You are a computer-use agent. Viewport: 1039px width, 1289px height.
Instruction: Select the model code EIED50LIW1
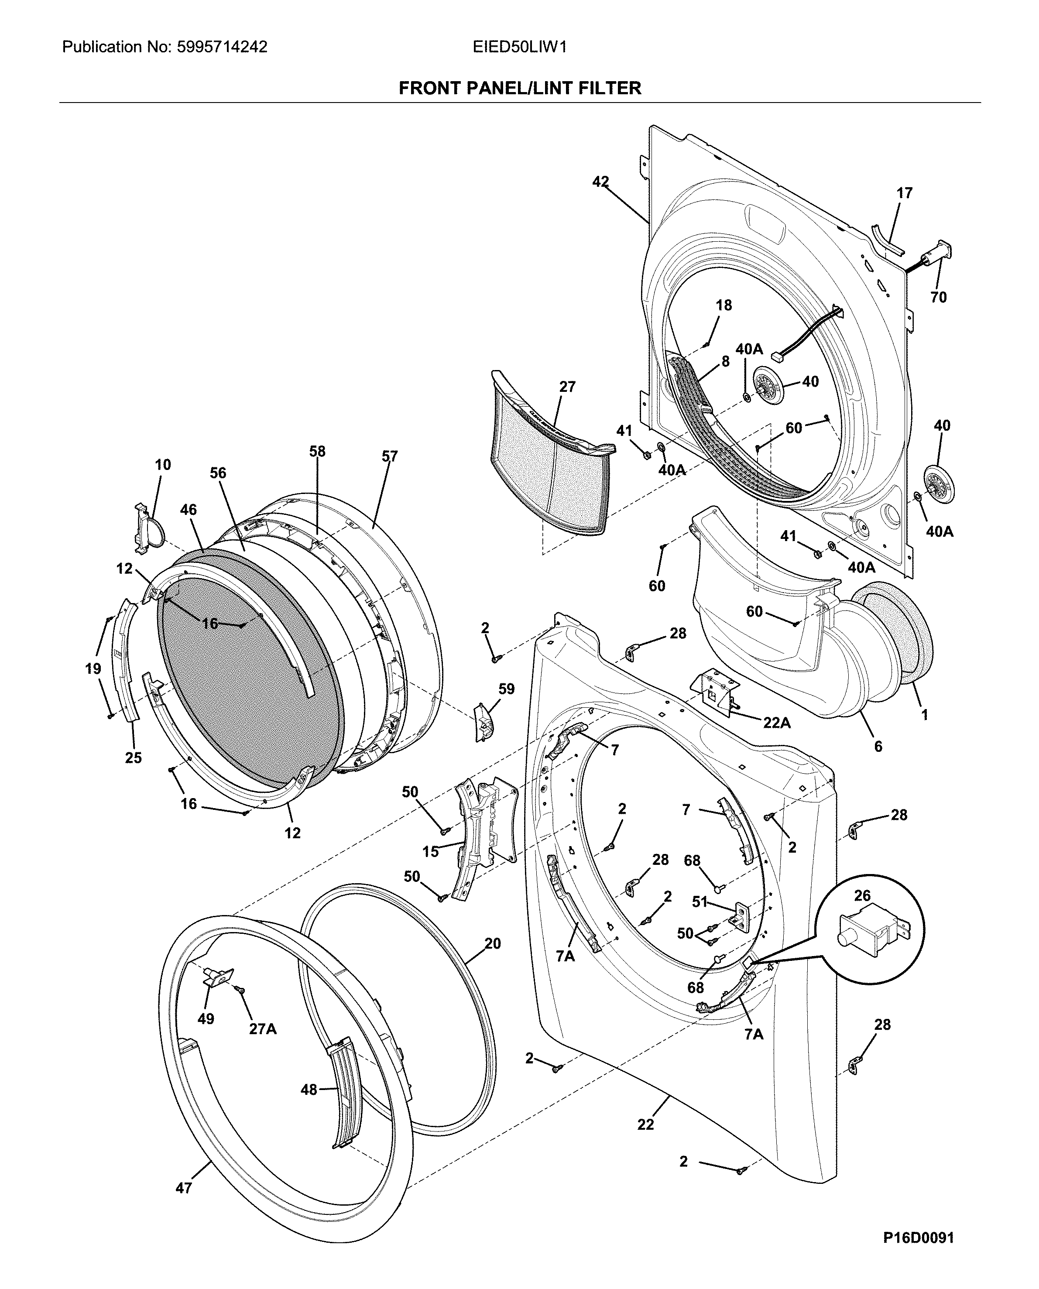click(x=519, y=47)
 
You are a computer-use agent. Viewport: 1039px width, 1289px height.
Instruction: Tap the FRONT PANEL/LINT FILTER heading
click(x=519, y=89)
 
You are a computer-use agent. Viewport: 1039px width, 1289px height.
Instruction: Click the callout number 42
click(x=600, y=182)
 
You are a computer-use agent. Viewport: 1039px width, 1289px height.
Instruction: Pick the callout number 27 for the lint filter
click(x=567, y=387)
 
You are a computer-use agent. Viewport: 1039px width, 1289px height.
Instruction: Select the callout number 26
click(x=862, y=896)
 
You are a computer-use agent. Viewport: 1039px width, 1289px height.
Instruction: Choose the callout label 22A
click(x=776, y=723)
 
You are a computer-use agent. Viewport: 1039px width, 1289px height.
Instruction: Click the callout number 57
click(x=390, y=456)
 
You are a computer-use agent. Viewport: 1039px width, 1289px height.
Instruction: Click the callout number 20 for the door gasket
click(x=493, y=944)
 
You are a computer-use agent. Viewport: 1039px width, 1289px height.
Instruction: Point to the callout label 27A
click(x=263, y=1029)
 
